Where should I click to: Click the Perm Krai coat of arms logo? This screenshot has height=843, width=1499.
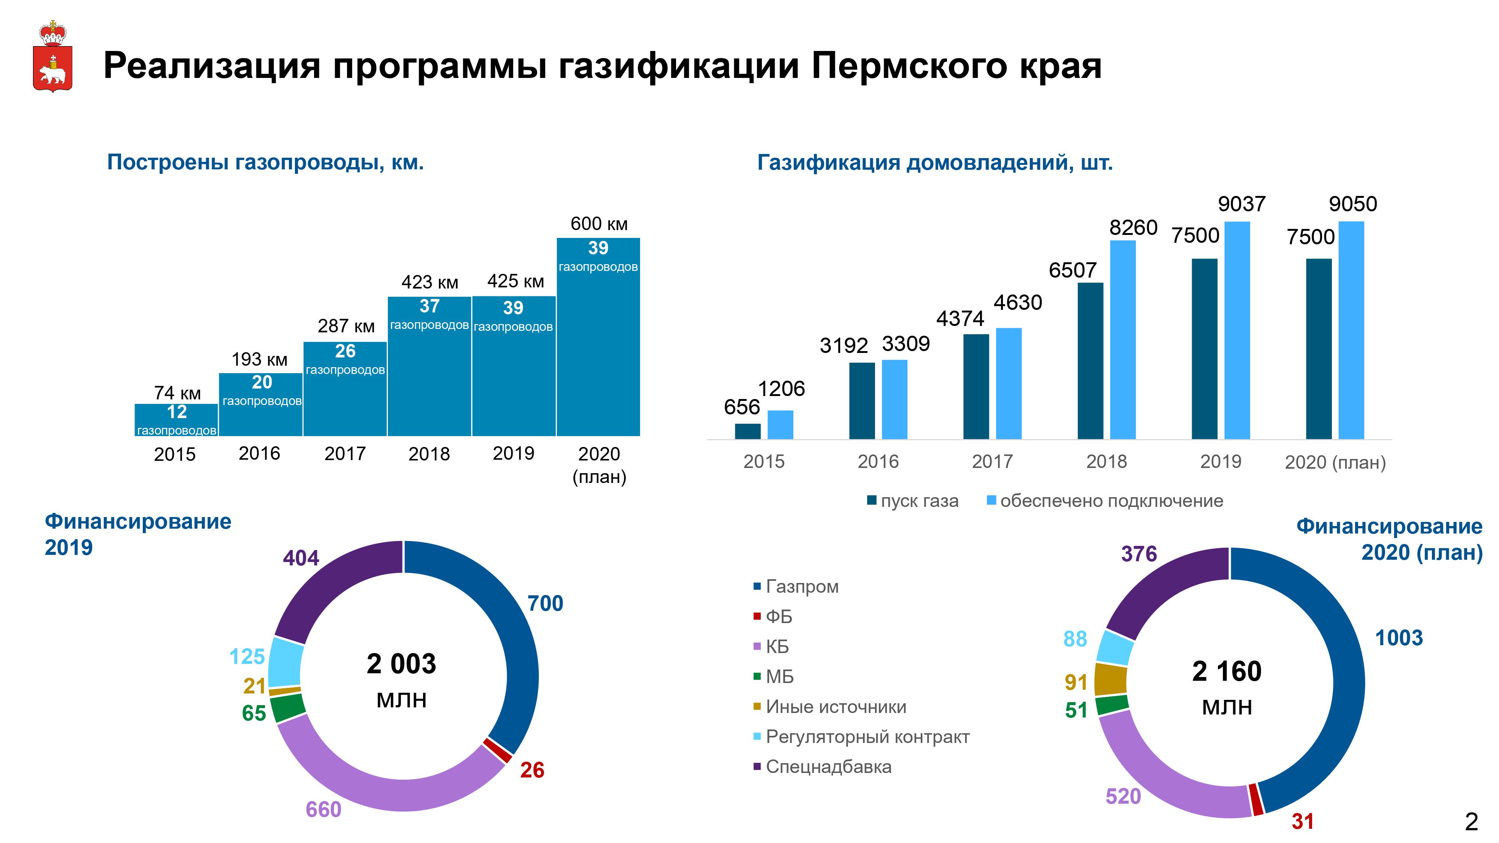[52, 57]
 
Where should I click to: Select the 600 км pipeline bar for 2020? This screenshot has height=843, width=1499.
[598, 349]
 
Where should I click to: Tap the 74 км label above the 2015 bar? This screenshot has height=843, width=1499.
[177, 393]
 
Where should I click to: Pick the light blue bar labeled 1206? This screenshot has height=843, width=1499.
[780, 425]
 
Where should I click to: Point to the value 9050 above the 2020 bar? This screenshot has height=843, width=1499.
[1352, 204]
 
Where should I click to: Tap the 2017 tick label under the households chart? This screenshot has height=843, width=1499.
[992, 461]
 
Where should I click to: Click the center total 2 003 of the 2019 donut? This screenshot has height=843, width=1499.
[401, 664]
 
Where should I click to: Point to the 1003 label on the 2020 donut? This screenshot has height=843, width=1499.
[1398, 638]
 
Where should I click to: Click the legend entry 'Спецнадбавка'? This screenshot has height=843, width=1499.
[828, 767]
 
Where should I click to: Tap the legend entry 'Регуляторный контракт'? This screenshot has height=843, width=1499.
[867, 737]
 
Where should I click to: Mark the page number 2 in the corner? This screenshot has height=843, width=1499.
[1471, 822]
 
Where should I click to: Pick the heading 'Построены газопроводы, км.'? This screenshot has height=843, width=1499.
[265, 162]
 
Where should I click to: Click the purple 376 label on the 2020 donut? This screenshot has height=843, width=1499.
[1139, 554]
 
